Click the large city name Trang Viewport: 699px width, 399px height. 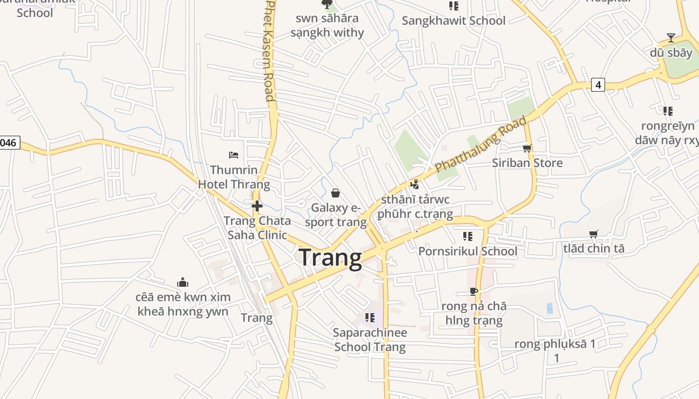click(330, 258)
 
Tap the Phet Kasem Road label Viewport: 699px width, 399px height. click(270, 50)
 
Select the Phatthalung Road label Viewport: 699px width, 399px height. click(480, 144)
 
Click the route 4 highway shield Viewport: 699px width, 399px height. click(597, 85)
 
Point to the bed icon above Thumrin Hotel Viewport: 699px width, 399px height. click(233, 155)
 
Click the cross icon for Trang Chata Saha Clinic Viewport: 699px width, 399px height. click(257, 205)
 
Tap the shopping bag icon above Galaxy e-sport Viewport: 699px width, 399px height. click(336, 193)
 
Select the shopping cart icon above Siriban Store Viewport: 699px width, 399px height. click(527, 148)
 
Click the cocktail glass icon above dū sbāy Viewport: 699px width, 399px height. click(671, 38)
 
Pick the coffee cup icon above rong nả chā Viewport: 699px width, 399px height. click(474, 291)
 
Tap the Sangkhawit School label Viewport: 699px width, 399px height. click(453, 20)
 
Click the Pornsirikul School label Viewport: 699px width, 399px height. click(467, 251)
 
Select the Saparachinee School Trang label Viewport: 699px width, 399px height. click(370, 340)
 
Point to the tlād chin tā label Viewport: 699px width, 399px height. click(594, 248)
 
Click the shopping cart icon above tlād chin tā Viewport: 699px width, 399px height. click(594, 234)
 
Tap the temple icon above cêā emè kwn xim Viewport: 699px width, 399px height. click(183, 283)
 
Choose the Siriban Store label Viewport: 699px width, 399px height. click(527, 163)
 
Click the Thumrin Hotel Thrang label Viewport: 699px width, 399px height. click(234, 177)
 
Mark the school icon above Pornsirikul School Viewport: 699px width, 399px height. click(467, 236)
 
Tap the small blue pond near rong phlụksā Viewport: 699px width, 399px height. click(550, 308)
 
